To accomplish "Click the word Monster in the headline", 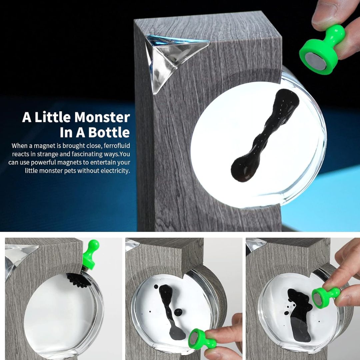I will pos(102,117).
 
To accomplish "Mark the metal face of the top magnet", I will pos(316,62).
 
